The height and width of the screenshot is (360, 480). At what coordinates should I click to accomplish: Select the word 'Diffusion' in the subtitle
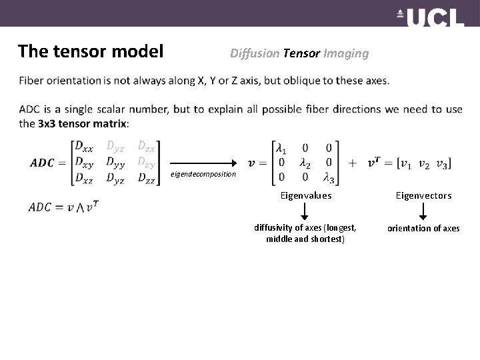pyautogui.click(x=255, y=53)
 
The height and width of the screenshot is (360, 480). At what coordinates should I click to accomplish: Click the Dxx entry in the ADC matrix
pyautogui.click(x=84, y=145)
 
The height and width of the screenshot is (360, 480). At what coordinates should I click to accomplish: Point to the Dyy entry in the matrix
pyautogui.click(x=115, y=162)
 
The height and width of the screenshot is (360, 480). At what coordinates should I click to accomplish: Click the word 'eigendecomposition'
pyautogui.click(x=203, y=174)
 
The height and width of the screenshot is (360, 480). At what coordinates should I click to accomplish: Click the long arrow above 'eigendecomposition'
pyautogui.click(x=204, y=162)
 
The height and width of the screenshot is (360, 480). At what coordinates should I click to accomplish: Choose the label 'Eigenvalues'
pyautogui.click(x=305, y=195)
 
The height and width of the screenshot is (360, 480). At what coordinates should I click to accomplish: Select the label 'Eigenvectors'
pyautogui.click(x=423, y=195)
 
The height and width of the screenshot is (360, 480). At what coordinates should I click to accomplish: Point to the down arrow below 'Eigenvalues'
pyautogui.click(x=305, y=211)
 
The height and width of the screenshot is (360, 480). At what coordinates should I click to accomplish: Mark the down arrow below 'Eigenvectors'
pyautogui.click(x=423, y=211)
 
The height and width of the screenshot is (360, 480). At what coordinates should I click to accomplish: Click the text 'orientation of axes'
pyautogui.click(x=423, y=228)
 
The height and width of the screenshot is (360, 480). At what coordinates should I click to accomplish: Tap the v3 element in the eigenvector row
pyautogui.click(x=441, y=162)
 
